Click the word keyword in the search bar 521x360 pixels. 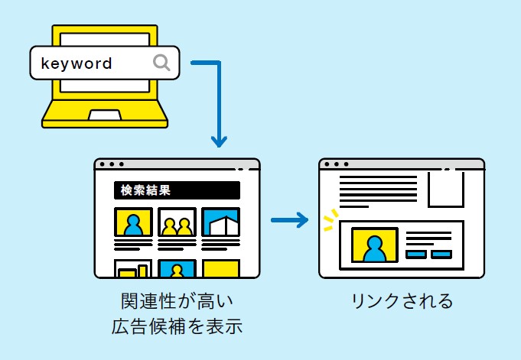click(x=77, y=63)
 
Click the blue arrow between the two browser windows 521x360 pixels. click(x=289, y=221)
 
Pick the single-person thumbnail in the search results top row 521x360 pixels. click(x=133, y=222)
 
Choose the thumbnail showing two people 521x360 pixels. click(x=177, y=222)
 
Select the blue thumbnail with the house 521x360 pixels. click(x=221, y=222)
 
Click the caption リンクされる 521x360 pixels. click(x=402, y=300)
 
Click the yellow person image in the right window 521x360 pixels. click(x=374, y=244)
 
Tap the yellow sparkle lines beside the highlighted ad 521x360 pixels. click(x=329, y=220)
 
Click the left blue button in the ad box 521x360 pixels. click(x=416, y=254)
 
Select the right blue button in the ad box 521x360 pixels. click(x=441, y=254)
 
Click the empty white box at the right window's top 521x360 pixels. click(x=445, y=189)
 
